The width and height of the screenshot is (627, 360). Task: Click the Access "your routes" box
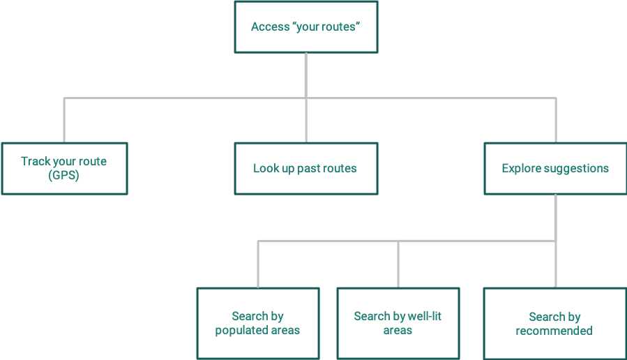(x=305, y=27)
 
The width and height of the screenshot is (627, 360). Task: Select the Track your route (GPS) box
(x=63, y=168)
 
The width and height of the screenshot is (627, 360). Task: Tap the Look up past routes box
(x=305, y=168)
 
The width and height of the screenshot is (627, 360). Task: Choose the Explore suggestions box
(x=555, y=168)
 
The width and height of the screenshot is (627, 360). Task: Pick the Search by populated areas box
(x=257, y=323)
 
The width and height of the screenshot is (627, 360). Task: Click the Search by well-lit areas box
(x=398, y=323)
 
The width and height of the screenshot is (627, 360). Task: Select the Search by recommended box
(x=554, y=323)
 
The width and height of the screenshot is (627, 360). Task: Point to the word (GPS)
(x=63, y=175)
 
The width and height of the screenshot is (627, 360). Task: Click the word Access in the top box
(x=270, y=28)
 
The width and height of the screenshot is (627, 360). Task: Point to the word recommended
(x=554, y=331)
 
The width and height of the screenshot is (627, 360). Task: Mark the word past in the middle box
(x=310, y=168)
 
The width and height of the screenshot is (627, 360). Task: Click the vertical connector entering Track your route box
(x=64, y=120)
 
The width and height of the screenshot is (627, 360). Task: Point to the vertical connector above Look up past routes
(x=306, y=120)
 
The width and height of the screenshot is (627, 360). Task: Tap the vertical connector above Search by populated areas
(x=258, y=264)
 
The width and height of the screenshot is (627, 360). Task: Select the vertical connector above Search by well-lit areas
(x=398, y=264)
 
